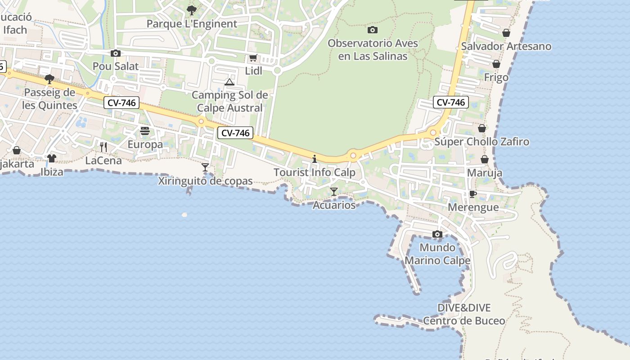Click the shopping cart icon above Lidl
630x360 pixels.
pos(253,58)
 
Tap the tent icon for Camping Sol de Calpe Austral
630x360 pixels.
pos(229,82)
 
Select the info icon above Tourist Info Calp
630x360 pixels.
pos(315,159)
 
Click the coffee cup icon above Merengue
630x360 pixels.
pos(472,194)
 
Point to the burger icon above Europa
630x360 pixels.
pos(145,131)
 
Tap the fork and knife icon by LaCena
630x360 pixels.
pos(103,147)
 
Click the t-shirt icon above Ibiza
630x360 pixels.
pos(51,158)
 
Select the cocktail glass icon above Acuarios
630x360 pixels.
pos(333,192)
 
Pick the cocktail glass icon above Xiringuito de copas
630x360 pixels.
pos(205,167)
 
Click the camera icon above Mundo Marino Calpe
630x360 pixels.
pos(437,234)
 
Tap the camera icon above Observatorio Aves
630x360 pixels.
pos(372,30)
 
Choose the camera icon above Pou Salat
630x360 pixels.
pos(116,54)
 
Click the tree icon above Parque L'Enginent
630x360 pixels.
pos(192,10)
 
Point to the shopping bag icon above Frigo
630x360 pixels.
pos(496,64)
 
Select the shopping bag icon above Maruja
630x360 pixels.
pos(485,160)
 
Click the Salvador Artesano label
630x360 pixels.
pos(506,46)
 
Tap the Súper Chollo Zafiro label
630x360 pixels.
pos(481,142)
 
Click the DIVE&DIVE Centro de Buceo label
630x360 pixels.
pos(464,315)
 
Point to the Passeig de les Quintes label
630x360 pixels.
pos(50,99)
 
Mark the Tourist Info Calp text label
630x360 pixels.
pos(315,172)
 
